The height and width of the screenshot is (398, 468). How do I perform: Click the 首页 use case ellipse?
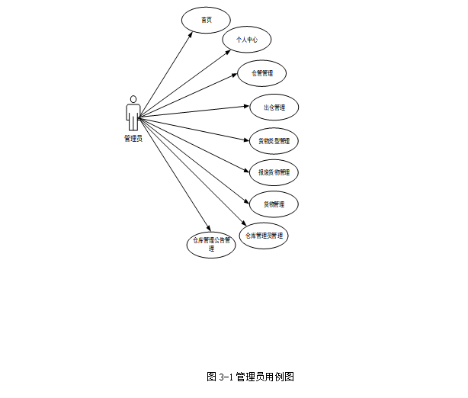coord(206,20)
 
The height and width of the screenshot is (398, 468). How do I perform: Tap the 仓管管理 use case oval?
coord(261,73)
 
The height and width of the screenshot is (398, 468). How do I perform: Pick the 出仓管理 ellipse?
coord(274,108)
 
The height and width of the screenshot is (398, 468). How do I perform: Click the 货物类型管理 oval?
coord(274,141)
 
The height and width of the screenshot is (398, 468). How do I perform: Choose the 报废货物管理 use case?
coord(274,172)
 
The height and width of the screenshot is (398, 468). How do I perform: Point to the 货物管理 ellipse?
coord(274,204)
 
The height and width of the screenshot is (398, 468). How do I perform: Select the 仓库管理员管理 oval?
coord(264,236)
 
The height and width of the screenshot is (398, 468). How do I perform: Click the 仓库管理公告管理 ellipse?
coord(211,244)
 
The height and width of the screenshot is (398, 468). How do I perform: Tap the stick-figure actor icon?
coord(133,113)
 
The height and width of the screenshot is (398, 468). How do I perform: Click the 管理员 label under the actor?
coord(133,139)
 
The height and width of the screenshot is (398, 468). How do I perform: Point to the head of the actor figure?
coord(133,99)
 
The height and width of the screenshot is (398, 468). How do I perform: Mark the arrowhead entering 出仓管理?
coord(246,108)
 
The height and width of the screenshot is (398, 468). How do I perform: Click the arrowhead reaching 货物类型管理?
coord(246,140)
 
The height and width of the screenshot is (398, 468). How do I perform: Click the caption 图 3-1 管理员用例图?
coord(250,377)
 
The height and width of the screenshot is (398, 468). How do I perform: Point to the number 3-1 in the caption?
coord(225,377)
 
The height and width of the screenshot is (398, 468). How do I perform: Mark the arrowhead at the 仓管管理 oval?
coord(236,75)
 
